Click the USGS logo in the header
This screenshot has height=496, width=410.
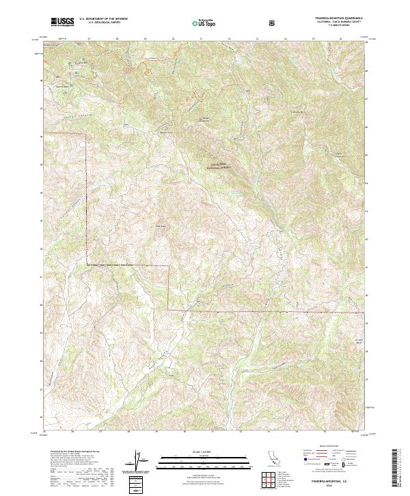tap(62, 22)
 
